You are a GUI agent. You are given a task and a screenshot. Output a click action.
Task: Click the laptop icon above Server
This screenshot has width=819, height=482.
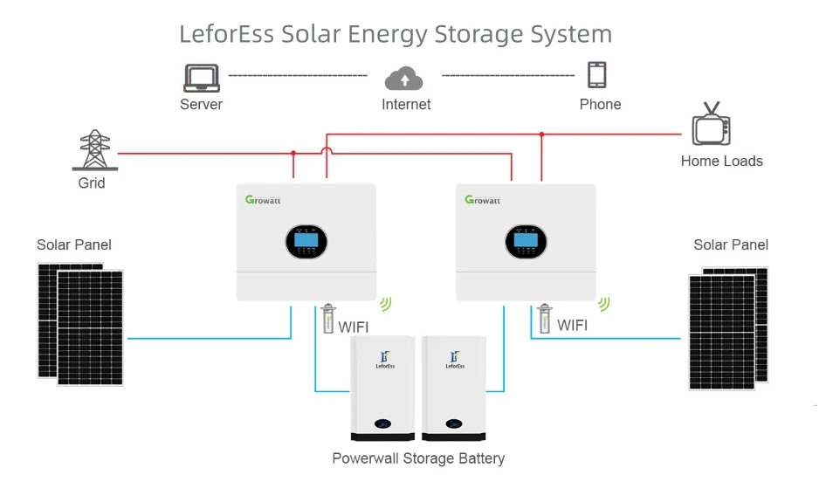201,77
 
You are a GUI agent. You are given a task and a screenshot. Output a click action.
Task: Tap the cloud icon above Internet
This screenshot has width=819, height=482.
404,79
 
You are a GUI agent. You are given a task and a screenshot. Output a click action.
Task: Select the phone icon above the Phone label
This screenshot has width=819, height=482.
597,75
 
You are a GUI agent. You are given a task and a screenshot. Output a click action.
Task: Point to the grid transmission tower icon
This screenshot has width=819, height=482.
92,151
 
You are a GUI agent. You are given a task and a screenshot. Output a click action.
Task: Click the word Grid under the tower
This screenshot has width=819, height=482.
92,183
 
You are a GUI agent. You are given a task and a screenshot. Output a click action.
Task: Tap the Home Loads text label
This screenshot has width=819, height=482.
721,162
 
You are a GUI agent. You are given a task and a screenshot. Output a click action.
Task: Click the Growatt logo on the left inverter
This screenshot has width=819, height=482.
262,200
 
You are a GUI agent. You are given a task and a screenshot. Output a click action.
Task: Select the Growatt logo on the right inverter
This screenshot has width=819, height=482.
482,200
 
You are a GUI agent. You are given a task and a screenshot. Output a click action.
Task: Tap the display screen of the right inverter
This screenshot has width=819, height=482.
526,244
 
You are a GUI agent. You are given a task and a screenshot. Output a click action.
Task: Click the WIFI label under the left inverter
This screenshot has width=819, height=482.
353,327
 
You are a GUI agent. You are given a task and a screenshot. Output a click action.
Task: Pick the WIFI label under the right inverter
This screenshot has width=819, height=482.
572,326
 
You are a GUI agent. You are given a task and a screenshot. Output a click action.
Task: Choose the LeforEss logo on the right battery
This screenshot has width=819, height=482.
453,360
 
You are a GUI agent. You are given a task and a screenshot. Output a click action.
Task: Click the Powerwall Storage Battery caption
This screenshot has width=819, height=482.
418,458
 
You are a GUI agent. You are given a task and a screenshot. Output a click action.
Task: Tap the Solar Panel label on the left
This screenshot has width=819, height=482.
74,244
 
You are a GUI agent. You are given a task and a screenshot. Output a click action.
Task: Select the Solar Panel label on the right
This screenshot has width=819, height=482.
731,244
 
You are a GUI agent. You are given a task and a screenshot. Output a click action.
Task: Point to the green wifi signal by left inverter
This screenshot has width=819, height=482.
385,303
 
